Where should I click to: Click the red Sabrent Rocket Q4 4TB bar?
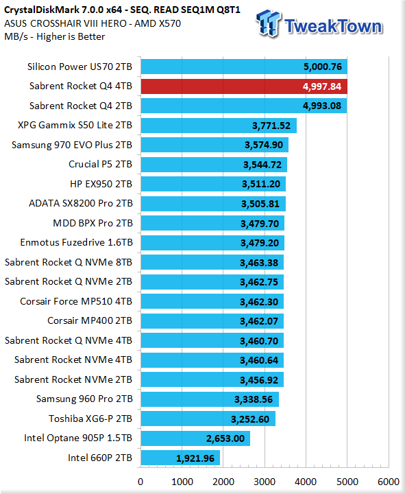click(244, 86)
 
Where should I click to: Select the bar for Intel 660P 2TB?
click(180, 458)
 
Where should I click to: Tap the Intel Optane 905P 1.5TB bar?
click(195, 438)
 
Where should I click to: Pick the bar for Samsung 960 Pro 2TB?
click(210, 399)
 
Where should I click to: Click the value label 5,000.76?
click(323, 67)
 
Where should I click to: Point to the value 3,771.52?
click(271, 126)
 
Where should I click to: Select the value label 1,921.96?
click(195, 458)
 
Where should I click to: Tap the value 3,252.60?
click(250, 419)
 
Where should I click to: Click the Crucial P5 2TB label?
click(100, 164)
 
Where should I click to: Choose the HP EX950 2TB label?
click(101, 184)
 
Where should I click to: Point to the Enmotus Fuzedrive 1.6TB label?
click(77, 242)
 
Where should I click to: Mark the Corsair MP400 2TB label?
click(90, 320)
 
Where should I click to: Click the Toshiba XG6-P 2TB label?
click(90, 419)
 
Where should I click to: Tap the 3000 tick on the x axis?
click(265, 482)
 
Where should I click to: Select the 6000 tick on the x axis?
click(389, 482)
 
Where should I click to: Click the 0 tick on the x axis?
click(140, 482)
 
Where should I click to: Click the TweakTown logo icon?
click(269, 23)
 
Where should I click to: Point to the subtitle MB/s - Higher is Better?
click(54, 36)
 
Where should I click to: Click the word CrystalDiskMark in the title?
click(41, 10)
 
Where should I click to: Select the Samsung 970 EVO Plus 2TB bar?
click(214, 145)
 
